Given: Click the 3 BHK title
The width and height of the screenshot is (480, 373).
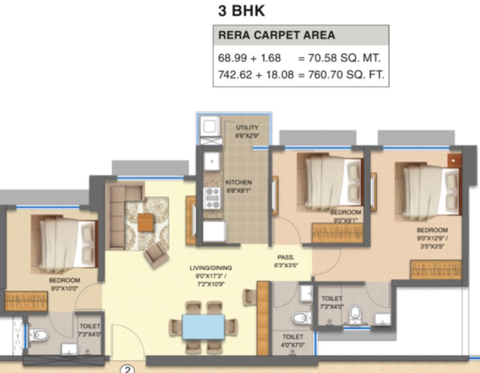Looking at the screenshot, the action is [x=241, y=11].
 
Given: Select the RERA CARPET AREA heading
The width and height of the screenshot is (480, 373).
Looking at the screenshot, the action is [x=277, y=35].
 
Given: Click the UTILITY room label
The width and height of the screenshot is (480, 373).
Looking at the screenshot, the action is [x=247, y=128].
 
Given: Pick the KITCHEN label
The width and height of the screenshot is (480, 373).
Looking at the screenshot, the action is [x=239, y=183].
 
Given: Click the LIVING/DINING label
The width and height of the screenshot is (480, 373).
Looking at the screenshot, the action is [x=210, y=268].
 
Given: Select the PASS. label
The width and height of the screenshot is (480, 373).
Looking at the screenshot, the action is [x=285, y=258].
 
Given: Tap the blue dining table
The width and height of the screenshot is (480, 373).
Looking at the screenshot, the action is [x=203, y=327].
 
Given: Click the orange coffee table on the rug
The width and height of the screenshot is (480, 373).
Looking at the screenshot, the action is [x=146, y=222].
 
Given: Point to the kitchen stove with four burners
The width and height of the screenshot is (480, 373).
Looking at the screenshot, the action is [x=212, y=198].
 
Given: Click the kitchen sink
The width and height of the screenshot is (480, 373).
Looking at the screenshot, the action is [x=211, y=161].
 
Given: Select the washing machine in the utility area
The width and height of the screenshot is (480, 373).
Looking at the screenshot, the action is [x=210, y=126].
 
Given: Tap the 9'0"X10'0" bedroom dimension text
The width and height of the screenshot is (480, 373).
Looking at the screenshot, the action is [x=65, y=288].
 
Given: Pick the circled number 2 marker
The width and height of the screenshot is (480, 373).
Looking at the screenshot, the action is [x=127, y=369].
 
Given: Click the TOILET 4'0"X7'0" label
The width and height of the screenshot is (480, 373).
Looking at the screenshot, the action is [x=292, y=341].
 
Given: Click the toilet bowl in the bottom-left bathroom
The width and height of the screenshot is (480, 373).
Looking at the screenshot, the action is [x=38, y=335].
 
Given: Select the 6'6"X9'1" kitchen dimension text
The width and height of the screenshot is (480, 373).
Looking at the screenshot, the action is [x=239, y=190].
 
